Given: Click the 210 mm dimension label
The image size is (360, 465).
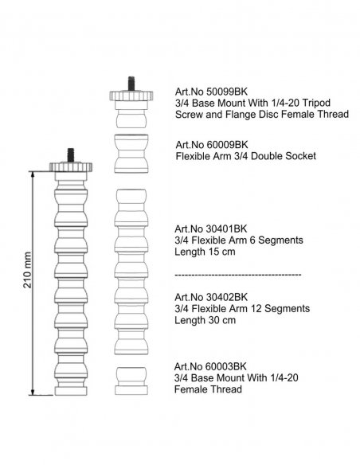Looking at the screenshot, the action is pyautogui.click(x=28, y=270).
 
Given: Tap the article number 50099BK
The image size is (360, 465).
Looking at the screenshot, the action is pyautogui.click(x=226, y=92).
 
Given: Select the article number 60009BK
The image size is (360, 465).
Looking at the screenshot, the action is pyautogui.click(x=227, y=145).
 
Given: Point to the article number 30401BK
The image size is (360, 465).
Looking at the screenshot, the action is pyautogui.click(x=226, y=229).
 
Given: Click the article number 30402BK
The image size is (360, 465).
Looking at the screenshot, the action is pyautogui.click(x=226, y=297).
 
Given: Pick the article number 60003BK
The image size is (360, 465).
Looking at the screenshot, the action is pyautogui.click(x=226, y=366).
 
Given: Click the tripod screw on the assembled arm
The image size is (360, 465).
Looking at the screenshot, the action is pyautogui.click(x=71, y=155).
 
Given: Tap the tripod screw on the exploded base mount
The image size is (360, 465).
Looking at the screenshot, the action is pyautogui.click(x=131, y=84).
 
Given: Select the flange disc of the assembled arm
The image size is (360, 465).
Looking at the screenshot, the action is pyautogui.click(x=71, y=167).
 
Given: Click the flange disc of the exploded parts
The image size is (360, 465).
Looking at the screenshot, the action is pyautogui.click(x=131, y=96).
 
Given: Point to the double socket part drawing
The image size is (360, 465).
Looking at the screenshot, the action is pyautogui.click(x=131, y=154).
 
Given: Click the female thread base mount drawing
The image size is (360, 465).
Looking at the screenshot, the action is pyautogui.click(x=131, y=381).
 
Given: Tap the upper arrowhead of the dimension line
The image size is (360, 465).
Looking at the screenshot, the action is pyautogui.click(x=33, y=174).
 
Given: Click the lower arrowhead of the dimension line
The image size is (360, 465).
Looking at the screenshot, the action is pyautogui.click(x=33, y=392).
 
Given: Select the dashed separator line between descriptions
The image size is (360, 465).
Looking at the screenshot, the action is pyautogui.click(x=238, y=275).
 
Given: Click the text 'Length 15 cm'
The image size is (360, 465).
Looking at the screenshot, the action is pyautogui.click(x=205, y=252).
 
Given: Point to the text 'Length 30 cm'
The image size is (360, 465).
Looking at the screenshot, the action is pyautogui.click(x=205, y=320).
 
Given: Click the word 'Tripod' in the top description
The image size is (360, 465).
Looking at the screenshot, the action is pyautogui.click(x=315, y=104).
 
